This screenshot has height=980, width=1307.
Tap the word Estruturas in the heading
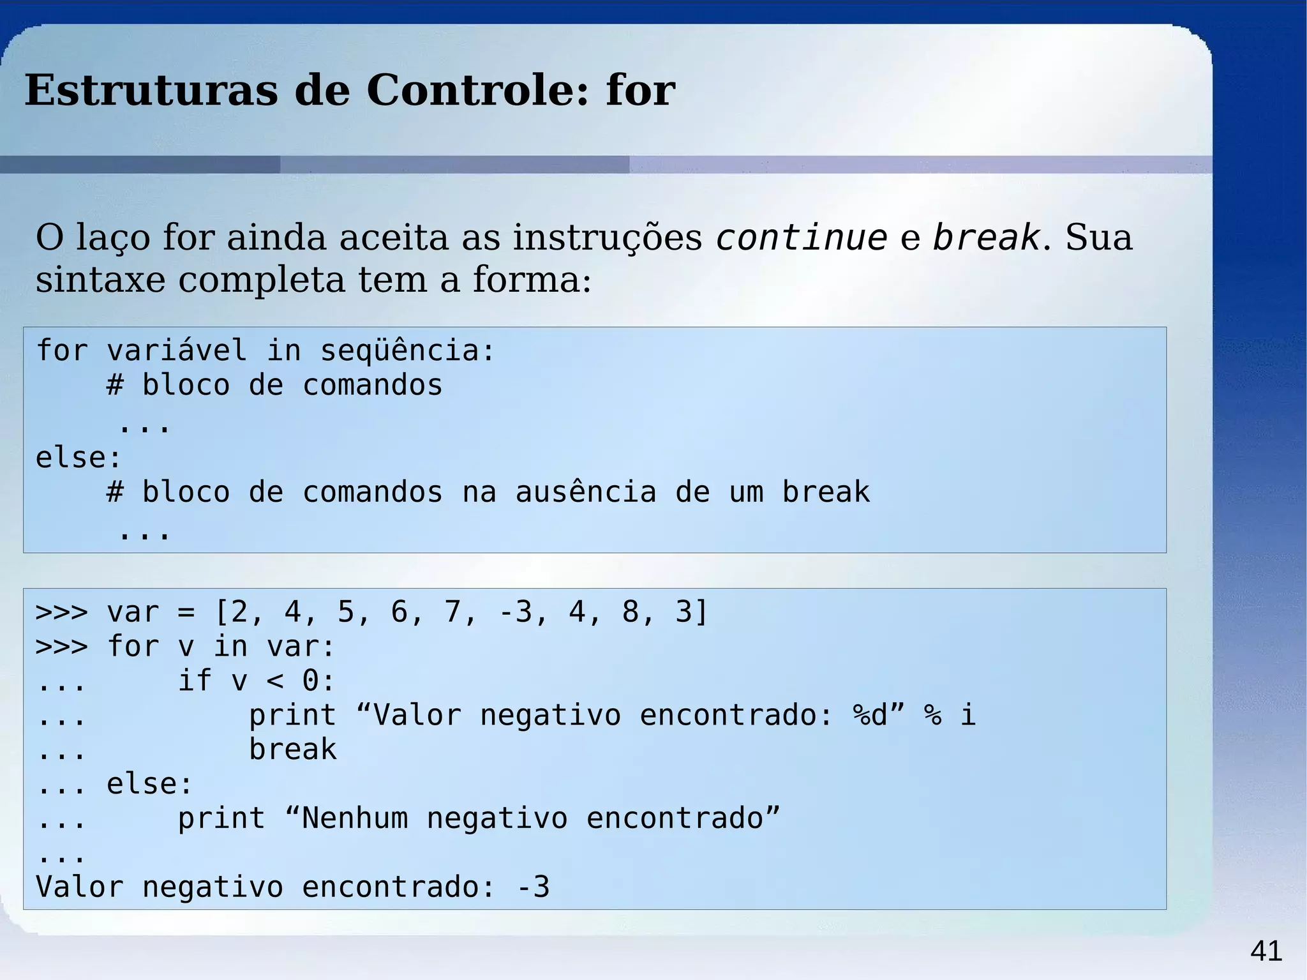(x=151, y=90)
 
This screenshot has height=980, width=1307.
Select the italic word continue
(x=802, y=237)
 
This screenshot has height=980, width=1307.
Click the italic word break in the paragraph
(x=987, y=237)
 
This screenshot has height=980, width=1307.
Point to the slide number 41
(x=1266, y=951)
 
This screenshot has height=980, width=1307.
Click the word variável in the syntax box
(x=177, y=351)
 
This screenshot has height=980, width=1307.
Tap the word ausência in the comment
(x=585, y=492)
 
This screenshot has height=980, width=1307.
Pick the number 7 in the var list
(x=452, y=612)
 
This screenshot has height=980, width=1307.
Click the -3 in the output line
(x=532, y=887)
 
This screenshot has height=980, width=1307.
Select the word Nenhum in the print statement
(x=354, y=818)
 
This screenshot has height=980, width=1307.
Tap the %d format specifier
(x=870, y=715)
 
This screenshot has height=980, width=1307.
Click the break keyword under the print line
(x=293, y=750)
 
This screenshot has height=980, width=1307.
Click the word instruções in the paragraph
(x=607, y=237)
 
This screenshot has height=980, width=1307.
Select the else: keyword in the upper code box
(x=78, y=458)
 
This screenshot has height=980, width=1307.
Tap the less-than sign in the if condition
(x=275, y=681)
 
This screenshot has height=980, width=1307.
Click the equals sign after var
(x=186, y=612)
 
